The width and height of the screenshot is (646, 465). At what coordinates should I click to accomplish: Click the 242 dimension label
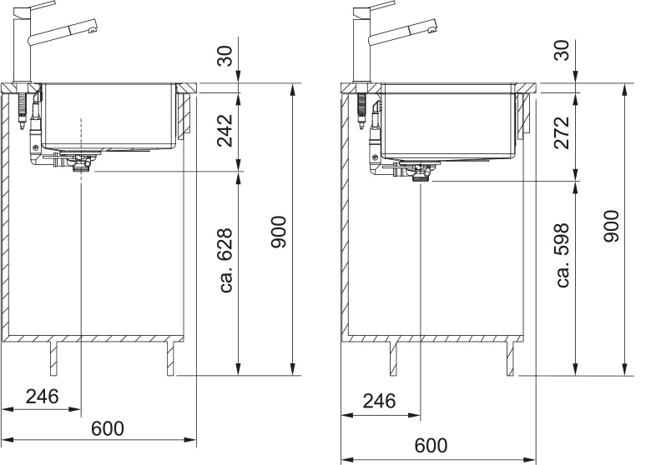225,130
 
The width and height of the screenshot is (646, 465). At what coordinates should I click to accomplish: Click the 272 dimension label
562,132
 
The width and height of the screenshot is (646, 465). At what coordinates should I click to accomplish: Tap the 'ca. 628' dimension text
226,261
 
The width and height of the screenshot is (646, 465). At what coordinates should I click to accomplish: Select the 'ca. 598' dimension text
563,255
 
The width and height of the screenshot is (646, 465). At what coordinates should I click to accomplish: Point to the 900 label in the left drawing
279,232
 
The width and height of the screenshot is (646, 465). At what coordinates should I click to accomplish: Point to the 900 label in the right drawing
612,226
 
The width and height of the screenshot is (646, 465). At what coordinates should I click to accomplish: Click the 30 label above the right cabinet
562,50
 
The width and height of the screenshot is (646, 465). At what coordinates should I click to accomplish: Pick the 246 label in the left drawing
42,397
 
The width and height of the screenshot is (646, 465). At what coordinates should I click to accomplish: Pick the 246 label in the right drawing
379,401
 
